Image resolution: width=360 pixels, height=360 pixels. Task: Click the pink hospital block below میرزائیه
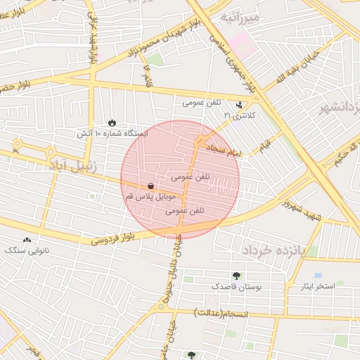(x=243, y=47)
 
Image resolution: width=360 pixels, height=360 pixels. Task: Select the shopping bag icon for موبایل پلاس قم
(x=151, y=186)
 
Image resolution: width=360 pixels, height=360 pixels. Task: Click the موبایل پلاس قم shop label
(x=149, y=199)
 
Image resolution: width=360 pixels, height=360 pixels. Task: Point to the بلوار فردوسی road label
(x=113, y=239)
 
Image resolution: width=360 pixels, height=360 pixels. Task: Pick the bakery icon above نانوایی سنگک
(x=27, y=240)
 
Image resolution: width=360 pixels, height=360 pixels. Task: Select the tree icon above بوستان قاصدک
(x=236, y=276)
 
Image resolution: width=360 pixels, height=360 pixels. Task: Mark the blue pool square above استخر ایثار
(x=318, y=275)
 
